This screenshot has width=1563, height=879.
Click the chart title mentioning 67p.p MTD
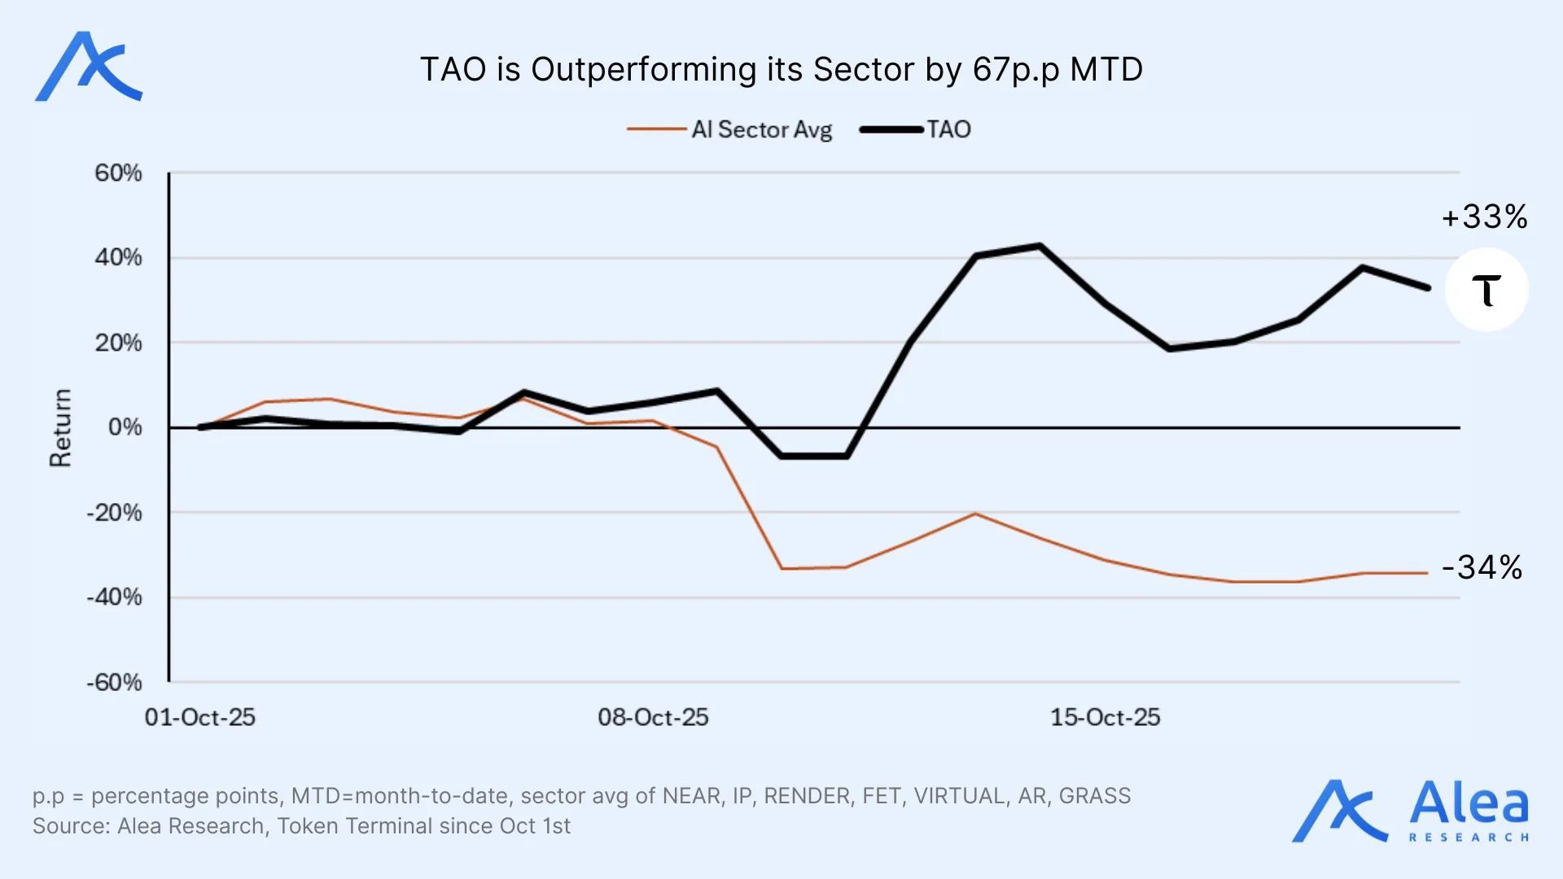(x=781, y=69)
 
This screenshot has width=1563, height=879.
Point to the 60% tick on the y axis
(x=118, y=173)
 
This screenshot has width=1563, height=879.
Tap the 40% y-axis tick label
(x=118, y=257)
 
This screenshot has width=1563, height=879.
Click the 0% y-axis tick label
(x=125, y=427)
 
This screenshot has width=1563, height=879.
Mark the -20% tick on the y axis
(x=114, y=513)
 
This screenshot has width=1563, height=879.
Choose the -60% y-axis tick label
(x=114, y=682)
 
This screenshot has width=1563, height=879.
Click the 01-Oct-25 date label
(x=200, y=717)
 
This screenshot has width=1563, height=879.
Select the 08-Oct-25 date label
(x=653, y=717)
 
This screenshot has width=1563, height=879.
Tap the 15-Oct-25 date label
(x=1105, y=717)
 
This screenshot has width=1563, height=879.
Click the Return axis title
(x=61, y=427)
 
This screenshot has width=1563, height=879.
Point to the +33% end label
(x=1484, y=216)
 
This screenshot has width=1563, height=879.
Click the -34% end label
(x=1482, y=567)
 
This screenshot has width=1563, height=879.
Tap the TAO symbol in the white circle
(x=1486, y=290)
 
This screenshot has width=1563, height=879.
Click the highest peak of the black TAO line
(x=1040, y=246)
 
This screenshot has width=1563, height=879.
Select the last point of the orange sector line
(x=1426, y=573)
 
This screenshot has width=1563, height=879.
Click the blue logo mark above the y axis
(x=89, y=67)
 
